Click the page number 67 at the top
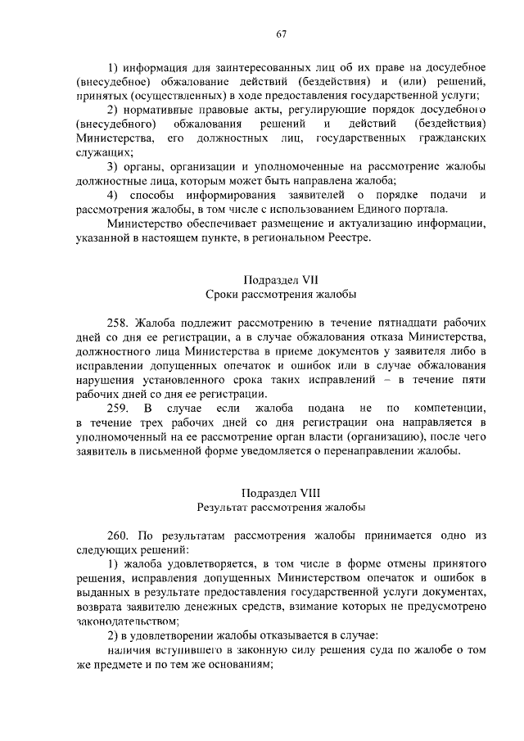(x=281, y=34)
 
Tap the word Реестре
(x=348, y=238)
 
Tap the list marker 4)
(x=115, y=194)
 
